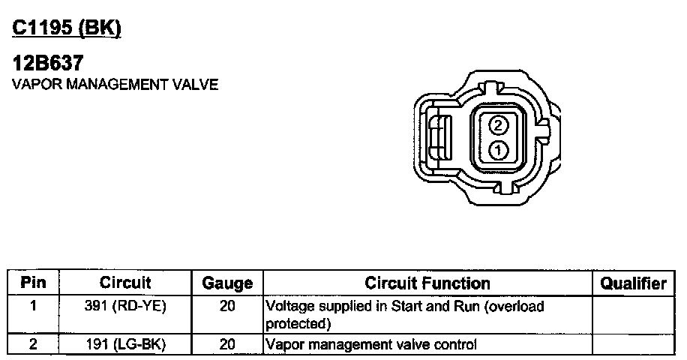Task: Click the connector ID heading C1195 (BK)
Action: (67, 28)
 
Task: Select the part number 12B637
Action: (48, 63)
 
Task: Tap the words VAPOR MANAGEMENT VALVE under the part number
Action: (115, 84)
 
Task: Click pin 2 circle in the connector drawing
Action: (498, 126)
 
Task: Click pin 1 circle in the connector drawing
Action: (498, 151)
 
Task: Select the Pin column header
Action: (33, 283)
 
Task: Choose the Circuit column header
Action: (125, 283)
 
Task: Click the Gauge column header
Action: (227, 283)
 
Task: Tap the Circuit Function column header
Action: (427, 283)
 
